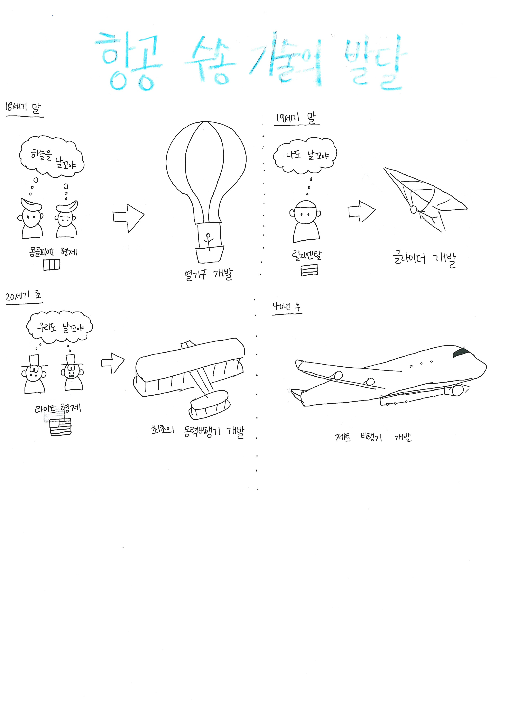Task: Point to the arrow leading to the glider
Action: [361, 211]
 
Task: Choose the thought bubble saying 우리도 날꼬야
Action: [59, 327]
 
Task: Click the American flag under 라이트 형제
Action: [60, 426]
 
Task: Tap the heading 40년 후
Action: [287, 307]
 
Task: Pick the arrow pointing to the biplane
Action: [113, 362]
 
